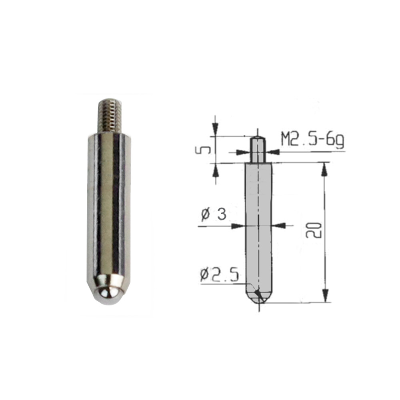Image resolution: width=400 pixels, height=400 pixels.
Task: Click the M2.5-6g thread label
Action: click(313, 139)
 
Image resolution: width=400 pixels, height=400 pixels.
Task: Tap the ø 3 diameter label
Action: click(214, 214)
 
